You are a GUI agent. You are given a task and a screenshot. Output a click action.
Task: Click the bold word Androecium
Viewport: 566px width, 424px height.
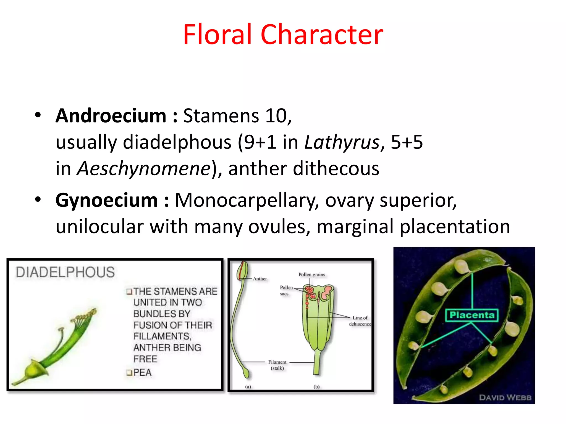pos(111,116)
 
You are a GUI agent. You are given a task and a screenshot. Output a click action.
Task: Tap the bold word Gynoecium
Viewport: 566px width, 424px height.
pos(106,200)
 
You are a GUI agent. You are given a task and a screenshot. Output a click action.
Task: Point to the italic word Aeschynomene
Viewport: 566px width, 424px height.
pos(144,169)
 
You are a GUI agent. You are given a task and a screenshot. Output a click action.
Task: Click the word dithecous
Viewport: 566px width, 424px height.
pos(336,169)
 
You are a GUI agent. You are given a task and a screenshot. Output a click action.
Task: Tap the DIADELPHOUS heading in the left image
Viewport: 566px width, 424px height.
pos(65,272)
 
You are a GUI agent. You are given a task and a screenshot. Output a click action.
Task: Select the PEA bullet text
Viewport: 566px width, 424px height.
pos(142,373)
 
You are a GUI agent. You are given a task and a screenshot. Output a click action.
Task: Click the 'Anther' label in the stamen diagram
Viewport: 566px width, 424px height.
pos(260,279)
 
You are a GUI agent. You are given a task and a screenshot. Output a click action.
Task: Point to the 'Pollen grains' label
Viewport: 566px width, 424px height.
pos(311,275)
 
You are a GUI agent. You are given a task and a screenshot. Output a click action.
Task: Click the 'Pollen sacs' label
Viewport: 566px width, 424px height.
pos(286,290)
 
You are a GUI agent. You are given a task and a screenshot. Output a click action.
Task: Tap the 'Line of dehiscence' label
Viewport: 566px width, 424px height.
pos(360,321)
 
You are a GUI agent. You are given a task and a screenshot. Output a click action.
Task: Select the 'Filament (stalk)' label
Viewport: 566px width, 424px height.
pos(277,365)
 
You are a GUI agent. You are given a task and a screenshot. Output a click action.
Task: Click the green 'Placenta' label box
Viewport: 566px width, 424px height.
pos(472,315)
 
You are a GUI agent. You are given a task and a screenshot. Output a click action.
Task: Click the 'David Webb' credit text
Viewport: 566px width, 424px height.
pos(505,397)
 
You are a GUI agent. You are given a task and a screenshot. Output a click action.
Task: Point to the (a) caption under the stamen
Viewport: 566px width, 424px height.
pos(248,387)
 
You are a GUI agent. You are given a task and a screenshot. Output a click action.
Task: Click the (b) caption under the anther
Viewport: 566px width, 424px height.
pos(316,387)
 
